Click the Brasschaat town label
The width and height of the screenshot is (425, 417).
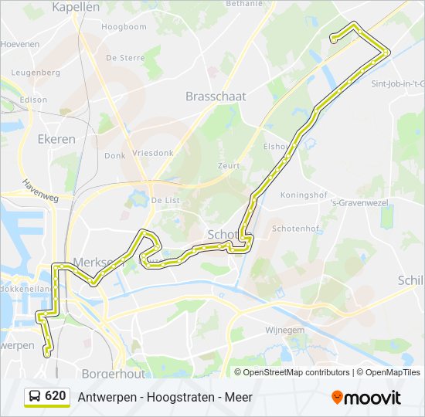tap(216, 97)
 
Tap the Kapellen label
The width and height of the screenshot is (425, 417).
tap(76, 7)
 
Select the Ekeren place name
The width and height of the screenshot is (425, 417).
tap(56, 139)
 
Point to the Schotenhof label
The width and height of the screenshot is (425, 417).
tap(296, 229)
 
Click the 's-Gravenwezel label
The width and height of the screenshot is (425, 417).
tap(356, 203)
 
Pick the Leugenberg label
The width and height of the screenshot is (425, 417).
tap(36, 73)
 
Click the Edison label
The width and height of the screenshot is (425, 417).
tap(34, 100)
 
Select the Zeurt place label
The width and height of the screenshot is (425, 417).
tap(229, 165)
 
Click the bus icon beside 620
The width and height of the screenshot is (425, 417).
tap(35, 397)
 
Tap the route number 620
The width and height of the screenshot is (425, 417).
tap(56, 396)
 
